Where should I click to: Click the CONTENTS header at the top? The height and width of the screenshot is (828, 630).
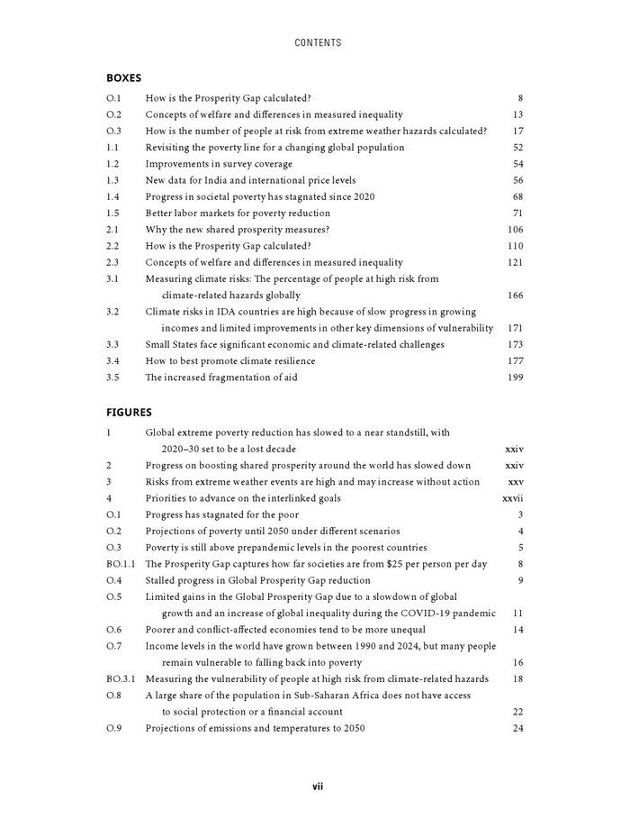(318, 42)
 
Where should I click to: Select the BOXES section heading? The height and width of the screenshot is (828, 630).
(123, 77)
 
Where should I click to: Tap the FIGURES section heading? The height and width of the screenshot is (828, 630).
(129, 412)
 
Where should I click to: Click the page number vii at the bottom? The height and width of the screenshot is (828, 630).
(318, 787)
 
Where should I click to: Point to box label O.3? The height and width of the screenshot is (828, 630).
(113, 131)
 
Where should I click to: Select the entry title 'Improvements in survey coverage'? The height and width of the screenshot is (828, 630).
(219, 164)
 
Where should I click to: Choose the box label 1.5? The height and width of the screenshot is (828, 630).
(112, 214)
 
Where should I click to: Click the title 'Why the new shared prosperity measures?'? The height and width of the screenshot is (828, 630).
(238, 230)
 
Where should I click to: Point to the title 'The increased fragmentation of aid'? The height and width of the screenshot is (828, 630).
(221, 378)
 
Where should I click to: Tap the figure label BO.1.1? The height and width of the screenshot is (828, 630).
(121, 564)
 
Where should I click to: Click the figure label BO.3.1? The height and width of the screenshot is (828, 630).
(121, 678)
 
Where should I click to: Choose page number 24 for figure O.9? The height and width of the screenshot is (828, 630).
(517, 728)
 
